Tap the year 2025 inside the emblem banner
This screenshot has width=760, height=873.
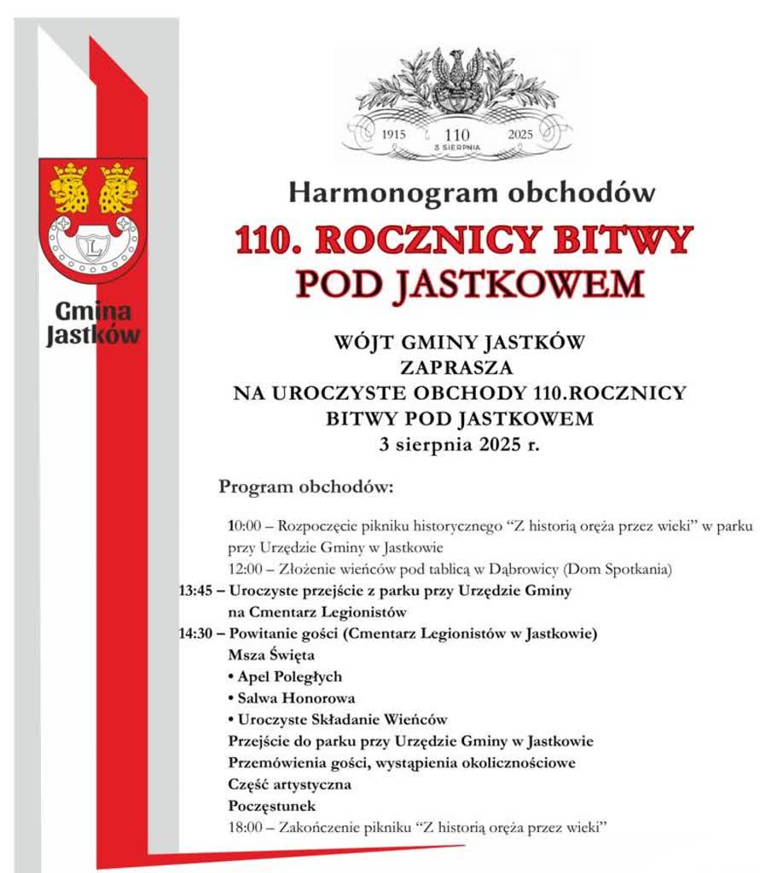519,134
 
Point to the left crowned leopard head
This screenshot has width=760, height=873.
69,187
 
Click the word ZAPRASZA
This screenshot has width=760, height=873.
459,368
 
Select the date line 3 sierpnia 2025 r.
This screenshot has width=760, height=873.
459,443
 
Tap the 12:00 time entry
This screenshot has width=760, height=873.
245,569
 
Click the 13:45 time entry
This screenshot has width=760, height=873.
197,591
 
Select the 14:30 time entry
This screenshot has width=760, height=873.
197,634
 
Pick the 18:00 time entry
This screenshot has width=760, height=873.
245,827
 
